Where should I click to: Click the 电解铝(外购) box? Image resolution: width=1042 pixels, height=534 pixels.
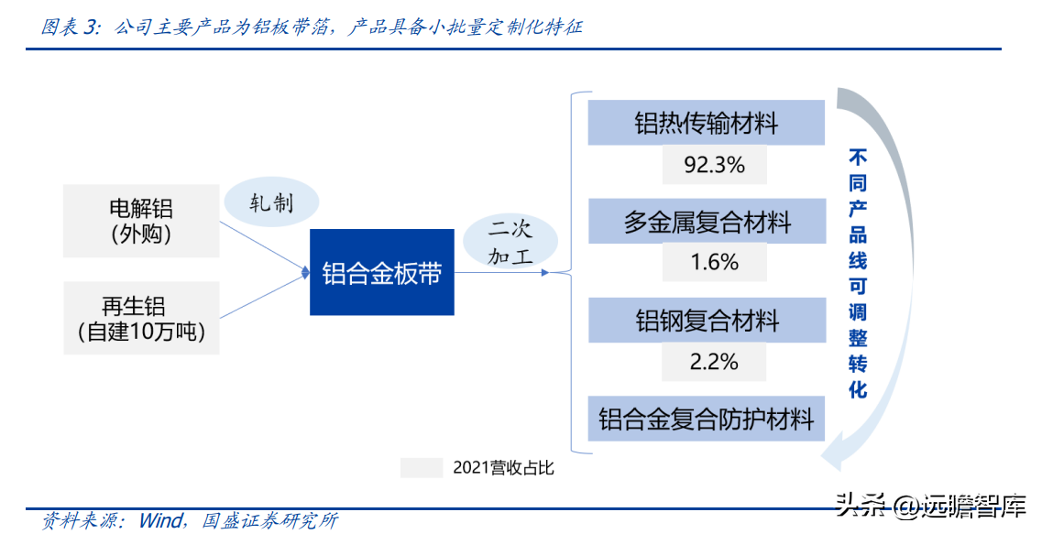point(141,221)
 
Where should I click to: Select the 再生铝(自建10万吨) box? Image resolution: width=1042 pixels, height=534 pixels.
point(141,318)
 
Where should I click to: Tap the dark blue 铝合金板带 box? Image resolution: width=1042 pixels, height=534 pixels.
point(382,272)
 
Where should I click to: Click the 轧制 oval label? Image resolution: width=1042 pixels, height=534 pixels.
point(271,202)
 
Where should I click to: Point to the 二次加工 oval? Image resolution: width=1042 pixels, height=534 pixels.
point(510,242)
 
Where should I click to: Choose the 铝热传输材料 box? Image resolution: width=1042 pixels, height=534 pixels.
point(707,123)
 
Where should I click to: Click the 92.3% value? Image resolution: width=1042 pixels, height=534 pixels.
point(715,165)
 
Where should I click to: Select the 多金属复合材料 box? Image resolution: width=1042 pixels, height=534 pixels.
point(707,221)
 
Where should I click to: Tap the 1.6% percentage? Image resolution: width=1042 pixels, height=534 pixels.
point(715,262)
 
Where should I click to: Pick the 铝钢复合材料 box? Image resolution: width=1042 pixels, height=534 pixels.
point(707,321)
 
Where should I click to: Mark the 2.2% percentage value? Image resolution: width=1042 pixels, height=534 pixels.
point(714,362)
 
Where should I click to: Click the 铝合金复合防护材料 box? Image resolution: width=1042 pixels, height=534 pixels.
point(707,420)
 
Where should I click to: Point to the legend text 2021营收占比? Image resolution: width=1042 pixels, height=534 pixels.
point(503,468)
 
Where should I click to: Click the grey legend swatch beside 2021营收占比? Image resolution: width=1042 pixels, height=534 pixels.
point(422,467)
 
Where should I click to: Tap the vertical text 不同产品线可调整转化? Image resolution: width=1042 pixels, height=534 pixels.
point(858,273)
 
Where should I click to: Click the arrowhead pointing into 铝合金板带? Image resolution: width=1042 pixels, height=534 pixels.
point(306,272)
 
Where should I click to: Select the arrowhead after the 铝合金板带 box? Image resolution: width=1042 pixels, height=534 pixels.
point(545,272)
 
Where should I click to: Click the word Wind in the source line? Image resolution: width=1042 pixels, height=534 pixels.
point(160,520)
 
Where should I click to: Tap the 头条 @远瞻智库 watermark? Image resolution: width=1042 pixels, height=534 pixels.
point(931,507)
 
